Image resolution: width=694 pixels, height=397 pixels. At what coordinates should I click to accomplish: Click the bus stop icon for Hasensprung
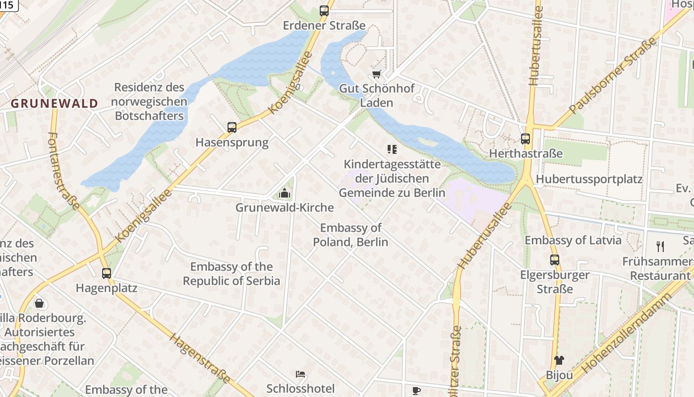coord(232,128)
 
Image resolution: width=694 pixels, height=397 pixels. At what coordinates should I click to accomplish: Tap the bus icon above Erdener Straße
coord(324,10)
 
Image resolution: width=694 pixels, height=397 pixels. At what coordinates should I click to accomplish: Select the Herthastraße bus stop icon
coord(525,139)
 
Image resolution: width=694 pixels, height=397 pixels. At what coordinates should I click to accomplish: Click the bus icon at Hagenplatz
coord(107,273)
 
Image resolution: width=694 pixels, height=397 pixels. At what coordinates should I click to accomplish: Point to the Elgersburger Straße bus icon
coord(555,260)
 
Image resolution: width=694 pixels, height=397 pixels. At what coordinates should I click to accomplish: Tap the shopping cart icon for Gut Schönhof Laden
coord(377,74)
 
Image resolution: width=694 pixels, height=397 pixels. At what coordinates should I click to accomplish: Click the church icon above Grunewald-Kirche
coord(285,193)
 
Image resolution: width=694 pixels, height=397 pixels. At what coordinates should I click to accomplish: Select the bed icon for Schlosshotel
coord(300,374)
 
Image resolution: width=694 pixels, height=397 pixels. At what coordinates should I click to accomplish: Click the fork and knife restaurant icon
coord(660,246)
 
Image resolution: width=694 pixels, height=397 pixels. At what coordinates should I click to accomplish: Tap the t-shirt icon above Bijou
coord(559,360)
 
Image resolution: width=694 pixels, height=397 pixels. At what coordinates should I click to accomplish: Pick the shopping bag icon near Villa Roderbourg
coord(39,303)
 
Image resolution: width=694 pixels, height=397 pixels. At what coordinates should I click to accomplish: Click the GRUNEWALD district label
coord(55,104)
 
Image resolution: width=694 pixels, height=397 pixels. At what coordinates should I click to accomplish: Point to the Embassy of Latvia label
coord(573,240)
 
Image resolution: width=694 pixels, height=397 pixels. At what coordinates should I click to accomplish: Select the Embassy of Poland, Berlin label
coord(350,235)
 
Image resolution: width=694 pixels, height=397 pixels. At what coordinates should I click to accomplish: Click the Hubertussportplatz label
coord(589,179)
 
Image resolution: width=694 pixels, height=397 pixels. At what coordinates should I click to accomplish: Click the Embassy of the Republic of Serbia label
coord(231,274)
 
